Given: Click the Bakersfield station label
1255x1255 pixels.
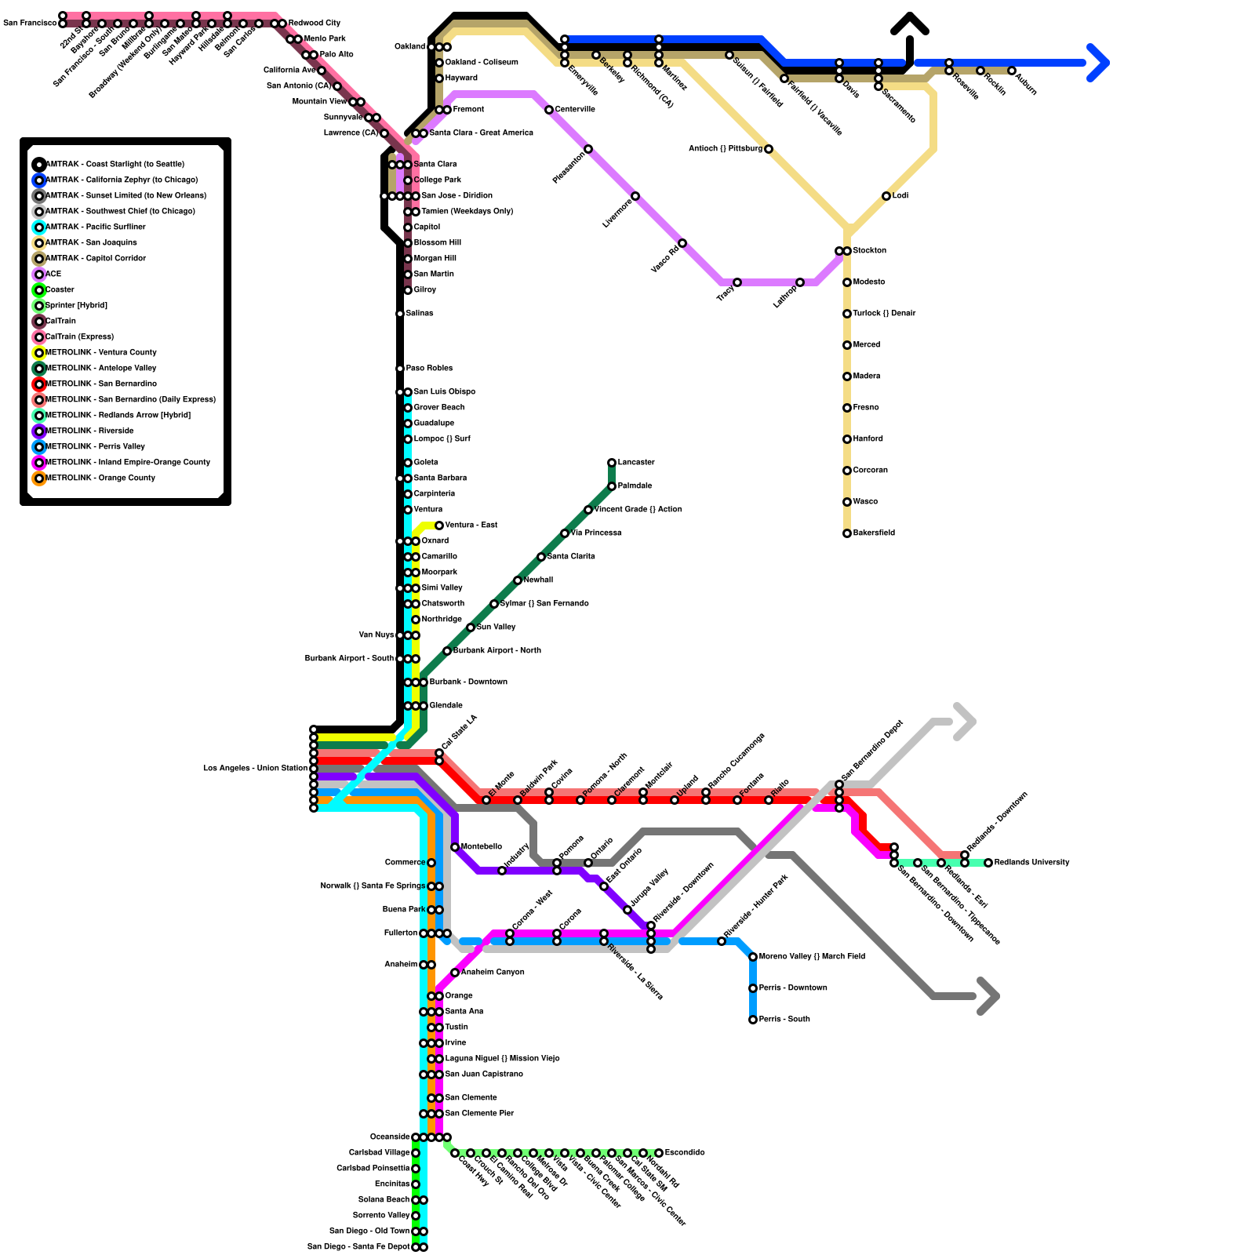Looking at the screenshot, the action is click(874, 533).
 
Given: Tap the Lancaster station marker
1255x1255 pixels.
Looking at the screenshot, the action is click(612, 463).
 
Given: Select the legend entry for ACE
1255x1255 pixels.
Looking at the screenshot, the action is click(53, 275).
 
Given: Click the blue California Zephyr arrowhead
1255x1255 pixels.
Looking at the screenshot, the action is click(1099, 63).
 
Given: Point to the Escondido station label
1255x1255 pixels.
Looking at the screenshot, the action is click(684, 1153).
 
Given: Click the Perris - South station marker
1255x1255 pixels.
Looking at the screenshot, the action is click(753, 1020).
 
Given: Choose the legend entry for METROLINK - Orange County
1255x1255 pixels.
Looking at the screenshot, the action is click(100, 478).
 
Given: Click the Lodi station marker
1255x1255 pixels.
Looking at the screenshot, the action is click(886, 196).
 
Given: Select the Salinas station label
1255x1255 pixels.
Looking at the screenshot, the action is click(420, 314).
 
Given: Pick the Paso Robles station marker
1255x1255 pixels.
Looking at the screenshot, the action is click(400, 369).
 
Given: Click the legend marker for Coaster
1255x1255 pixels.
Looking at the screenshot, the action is click(39, 290).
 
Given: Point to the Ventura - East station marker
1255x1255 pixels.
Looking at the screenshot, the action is click(439, 526).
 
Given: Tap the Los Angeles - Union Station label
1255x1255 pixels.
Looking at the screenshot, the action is click(255, 769).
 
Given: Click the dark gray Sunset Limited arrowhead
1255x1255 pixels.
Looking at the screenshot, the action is click(989, 997).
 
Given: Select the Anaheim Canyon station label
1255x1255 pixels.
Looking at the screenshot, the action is click(493, 973).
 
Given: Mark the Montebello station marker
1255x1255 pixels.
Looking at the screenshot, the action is click(455, 847).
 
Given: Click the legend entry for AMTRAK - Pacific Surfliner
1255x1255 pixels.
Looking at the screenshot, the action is click(95, 227).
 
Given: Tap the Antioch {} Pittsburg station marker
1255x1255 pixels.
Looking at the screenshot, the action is click(769, 149).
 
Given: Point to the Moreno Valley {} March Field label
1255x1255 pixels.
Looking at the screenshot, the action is click(812, 957).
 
